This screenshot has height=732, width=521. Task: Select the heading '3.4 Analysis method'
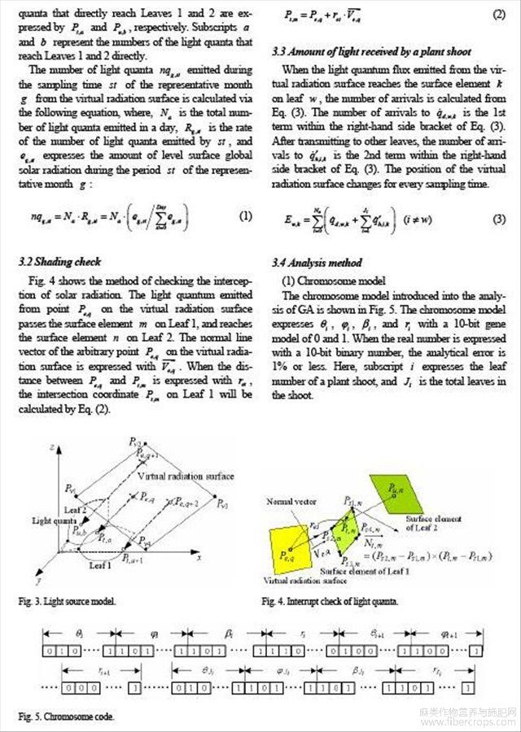click(x=317, y=263)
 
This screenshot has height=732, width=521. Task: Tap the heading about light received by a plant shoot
click(x=371, y=52)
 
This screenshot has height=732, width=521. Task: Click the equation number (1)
click(x=245, y=216)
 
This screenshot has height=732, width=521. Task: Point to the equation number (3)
click(x=499, y=220)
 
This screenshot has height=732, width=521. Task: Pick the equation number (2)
click(x=499, y=15)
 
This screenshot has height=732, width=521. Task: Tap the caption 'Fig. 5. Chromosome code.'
click(x=66, y=717)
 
